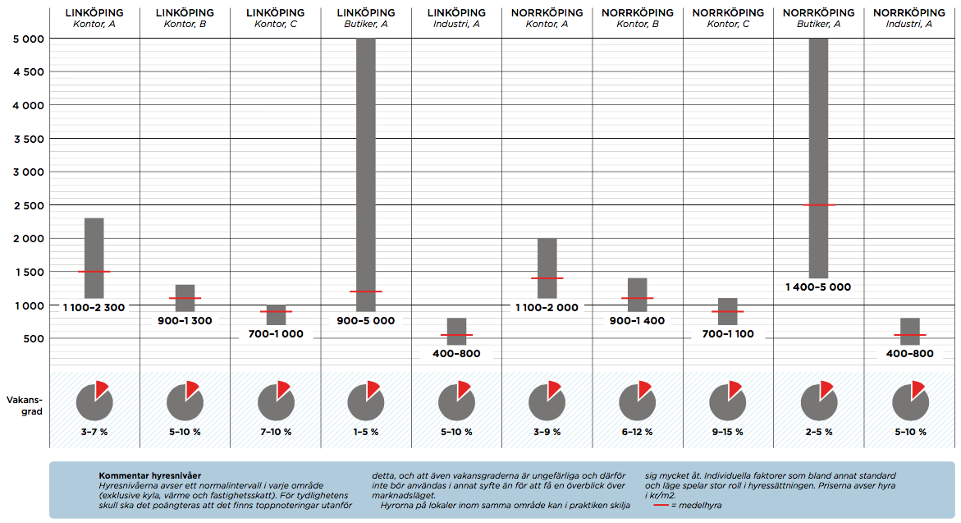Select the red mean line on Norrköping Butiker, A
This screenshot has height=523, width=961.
(819, 204)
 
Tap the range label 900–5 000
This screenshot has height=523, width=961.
(365, 321)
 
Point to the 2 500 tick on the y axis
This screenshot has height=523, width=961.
(29, 205)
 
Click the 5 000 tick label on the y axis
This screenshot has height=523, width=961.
(29, 39)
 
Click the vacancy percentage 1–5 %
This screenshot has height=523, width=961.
(365, 432)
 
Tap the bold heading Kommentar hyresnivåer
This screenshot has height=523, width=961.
(149, 475)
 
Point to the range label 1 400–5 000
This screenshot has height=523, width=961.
(818, 287)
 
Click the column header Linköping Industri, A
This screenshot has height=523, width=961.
(456, 18)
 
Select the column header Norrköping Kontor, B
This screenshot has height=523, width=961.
(638, 18)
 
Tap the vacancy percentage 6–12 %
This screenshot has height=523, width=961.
(638, 432)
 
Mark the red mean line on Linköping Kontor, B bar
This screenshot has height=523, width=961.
(185, 298)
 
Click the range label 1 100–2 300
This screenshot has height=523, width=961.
(94, 307)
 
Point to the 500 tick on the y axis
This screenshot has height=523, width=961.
(33, 338)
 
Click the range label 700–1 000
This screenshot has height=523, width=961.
(275, 334)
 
